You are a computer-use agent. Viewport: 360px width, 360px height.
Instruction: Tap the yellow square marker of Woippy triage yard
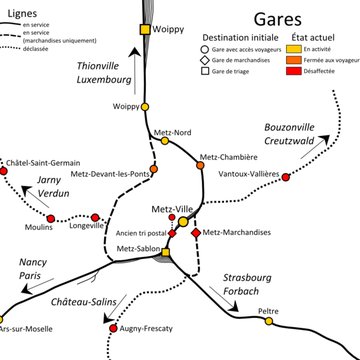(x=144, y=29)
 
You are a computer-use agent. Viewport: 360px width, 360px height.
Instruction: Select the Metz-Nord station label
(x=173, y=132)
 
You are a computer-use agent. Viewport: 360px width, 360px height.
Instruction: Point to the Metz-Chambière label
(x=228, y=157)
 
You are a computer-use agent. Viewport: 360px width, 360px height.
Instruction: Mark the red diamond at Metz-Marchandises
(x=196, y=233)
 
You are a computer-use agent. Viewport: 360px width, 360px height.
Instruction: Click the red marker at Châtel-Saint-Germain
(x=4, y=172)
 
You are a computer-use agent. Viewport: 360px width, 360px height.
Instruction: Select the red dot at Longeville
(x=95, y=217)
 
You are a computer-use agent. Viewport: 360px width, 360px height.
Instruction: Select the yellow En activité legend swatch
(x=294, y=48)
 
